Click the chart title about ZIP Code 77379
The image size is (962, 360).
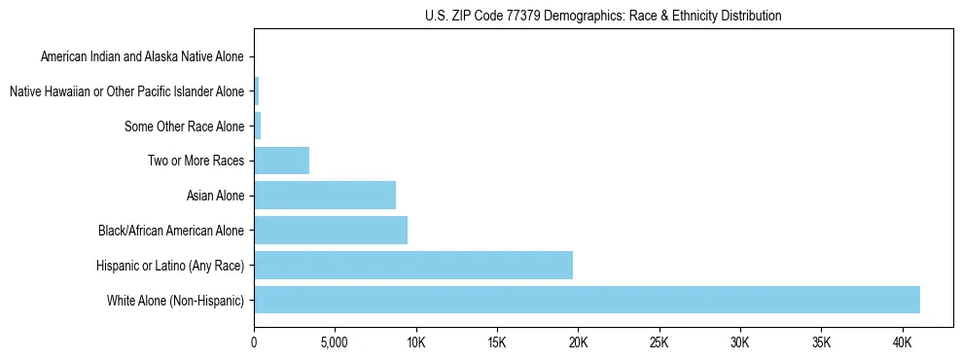603,16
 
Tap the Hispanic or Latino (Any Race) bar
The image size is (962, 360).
413,265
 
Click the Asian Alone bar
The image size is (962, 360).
325,196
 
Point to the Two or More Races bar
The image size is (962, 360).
282,161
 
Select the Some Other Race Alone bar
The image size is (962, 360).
258,126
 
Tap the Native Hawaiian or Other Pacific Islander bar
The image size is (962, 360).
257,91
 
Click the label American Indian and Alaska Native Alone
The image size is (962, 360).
143,56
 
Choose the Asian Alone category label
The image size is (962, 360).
215,196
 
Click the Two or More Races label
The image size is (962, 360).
196,161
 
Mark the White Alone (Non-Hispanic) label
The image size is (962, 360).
175,300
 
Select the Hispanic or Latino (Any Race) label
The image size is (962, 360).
169,265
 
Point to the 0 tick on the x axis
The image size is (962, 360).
254,343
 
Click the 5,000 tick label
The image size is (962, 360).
335,343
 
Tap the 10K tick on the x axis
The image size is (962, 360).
416,343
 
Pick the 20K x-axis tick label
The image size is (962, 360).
578,343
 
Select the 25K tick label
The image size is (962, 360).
659,343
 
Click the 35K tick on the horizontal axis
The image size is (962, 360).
821,343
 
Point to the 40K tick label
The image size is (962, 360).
902,343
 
